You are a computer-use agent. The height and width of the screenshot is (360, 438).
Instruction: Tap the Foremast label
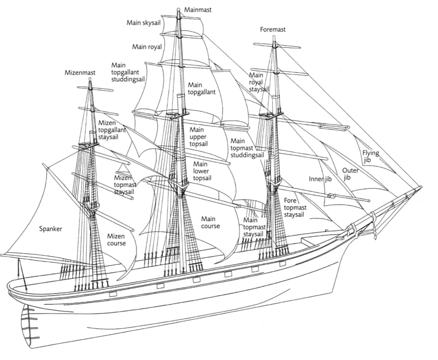pos(273,29)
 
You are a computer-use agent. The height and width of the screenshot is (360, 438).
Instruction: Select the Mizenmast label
pos(81,72)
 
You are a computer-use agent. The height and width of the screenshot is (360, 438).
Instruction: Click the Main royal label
pos(147,46)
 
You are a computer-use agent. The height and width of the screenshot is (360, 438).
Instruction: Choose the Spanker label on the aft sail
pos(51,229)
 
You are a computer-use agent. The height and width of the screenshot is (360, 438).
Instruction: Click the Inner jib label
pos(320,179)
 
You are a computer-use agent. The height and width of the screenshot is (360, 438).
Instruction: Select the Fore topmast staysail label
pos(298,207)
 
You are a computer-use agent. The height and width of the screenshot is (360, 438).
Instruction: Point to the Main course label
pos(210,222)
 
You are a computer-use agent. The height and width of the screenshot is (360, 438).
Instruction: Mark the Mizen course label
pos(117,239)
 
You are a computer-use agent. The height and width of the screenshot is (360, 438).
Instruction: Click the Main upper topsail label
pos(199,137)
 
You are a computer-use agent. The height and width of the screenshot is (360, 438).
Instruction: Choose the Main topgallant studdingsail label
pos(128,72)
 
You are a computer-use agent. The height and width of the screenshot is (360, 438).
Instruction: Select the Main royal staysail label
pos(258,82)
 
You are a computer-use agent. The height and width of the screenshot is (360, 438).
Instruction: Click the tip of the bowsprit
pos(421,187)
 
